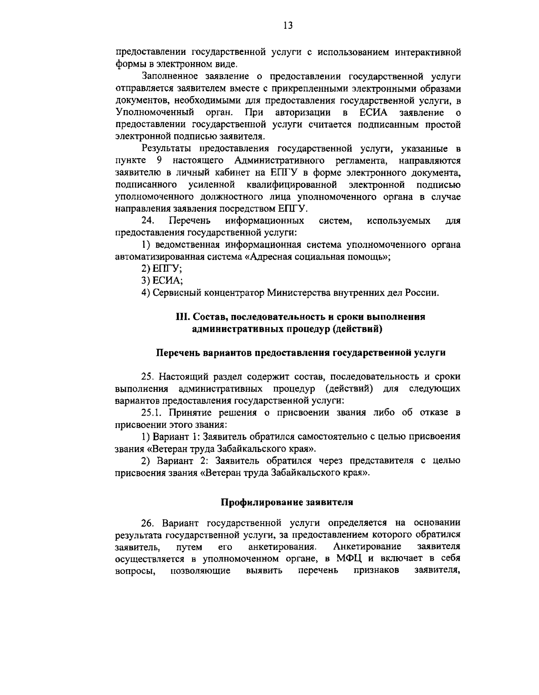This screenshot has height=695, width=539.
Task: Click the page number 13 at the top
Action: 288,26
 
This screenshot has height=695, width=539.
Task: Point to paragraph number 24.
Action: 148,221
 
